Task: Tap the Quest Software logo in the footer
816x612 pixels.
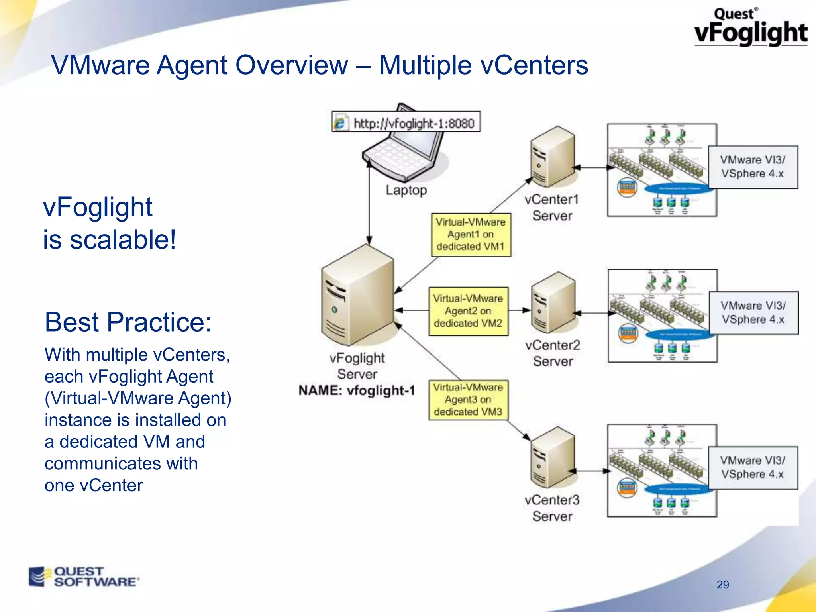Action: (x=84, y=577)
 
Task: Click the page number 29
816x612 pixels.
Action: (x=722, y=585)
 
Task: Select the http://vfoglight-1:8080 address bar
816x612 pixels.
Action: (x=406, y=122)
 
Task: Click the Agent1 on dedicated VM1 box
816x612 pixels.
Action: (x=471, y=234)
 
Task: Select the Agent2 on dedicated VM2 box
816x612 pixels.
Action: (x=468, y=311)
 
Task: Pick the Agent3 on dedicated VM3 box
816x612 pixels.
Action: (x=468, y=400)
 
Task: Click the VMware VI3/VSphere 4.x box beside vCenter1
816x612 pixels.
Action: (x=753, y=167)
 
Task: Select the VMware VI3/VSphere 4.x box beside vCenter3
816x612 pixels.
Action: (x=753, y=467)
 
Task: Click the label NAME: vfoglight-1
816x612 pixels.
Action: (x=357, y=390)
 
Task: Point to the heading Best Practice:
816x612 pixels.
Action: (x=128, y=322)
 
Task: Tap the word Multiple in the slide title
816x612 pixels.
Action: (x=425, y=65)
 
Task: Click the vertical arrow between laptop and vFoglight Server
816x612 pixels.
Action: (x=369, y=203)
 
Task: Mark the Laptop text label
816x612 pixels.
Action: (x=406, y=190)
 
